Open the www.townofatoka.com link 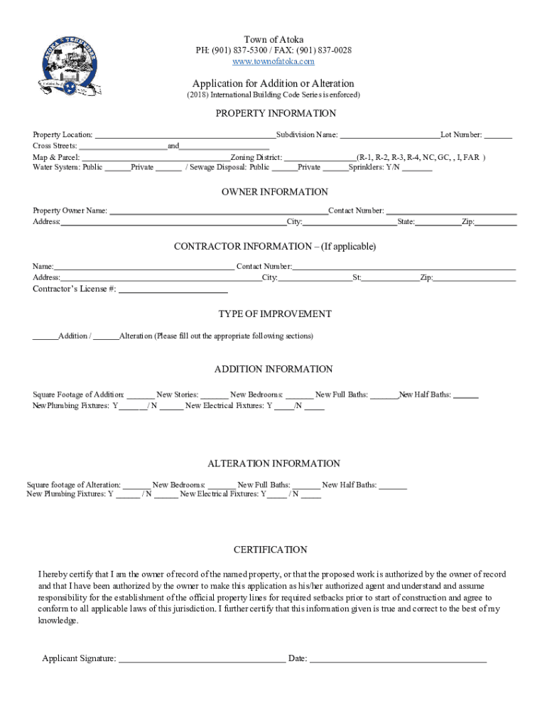[273, 62]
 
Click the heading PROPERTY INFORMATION [276, 114]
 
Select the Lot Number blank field [499, 135]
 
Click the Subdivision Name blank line [390, 135]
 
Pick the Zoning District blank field [320, 158]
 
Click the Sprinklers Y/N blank [418, 168]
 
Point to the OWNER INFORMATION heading [274, 192]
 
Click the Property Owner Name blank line [218, 212]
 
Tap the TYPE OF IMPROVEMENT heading [274, 314]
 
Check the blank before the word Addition [45, 337]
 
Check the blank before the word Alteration [107, 337]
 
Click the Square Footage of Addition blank [141, 396]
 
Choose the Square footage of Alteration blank [136, 486]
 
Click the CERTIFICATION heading [270, 550]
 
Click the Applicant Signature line [202, 660]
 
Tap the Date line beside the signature [398, 660]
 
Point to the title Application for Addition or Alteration [273, 84]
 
